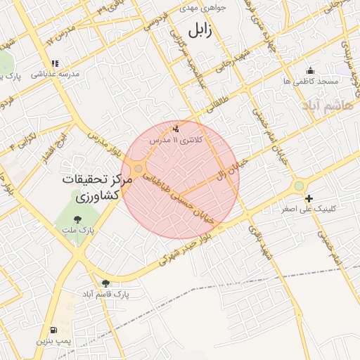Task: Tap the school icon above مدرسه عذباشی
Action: tap(55, 63)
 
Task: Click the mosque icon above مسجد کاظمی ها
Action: tap(311, 70)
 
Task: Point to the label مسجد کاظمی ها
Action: tap(311, 81)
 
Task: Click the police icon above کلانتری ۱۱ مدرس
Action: tap(176, 129)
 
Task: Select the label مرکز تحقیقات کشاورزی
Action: tap(97, 186)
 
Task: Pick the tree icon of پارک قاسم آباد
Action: tap(106, 283)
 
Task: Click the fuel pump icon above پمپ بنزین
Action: tap(53, 330)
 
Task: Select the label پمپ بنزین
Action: tap(55, 340)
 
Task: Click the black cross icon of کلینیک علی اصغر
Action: tap(308, 199)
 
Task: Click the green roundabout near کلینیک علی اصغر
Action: tap(300, 185)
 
